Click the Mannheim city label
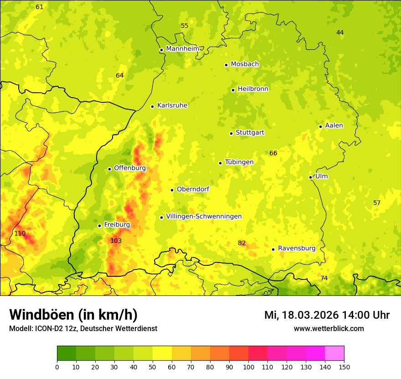point(182,49)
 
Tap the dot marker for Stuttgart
point(231,133)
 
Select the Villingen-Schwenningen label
point(204,216)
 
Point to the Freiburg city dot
point(99,226)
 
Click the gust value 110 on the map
point(20,233)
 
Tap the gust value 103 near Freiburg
point(116,241)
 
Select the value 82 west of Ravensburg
point(242,243)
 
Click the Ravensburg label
point(297,248)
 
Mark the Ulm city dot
point(310,177)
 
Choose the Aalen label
point(334,126)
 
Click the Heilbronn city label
point(253,89)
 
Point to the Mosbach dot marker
point(226,65)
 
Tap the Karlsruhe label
point(172,105)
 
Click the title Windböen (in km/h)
point(73,315)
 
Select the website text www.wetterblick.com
point(329,328)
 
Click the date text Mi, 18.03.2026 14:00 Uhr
point(327,315)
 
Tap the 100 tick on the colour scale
point(248,367)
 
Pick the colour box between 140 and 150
point(334,353)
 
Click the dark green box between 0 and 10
point(67,353)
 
